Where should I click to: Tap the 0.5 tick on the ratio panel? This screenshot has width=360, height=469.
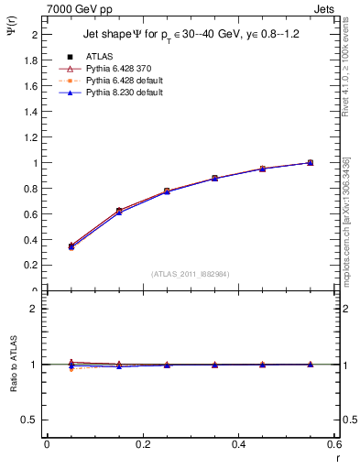pos(30,420)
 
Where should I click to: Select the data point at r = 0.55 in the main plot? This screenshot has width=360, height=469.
pos(310,163)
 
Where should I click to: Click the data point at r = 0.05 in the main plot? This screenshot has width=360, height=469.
pos(71,246)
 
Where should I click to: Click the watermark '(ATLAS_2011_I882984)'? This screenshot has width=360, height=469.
pos(190,273)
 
